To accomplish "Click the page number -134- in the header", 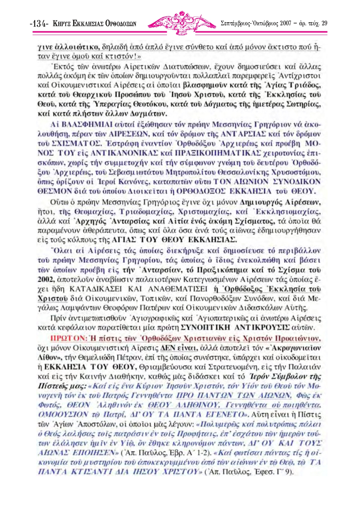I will pos(39,24).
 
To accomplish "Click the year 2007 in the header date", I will pos(286,24).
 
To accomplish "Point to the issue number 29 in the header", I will pos(324,24).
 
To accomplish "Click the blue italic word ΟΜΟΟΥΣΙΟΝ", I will pos(63,415).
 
